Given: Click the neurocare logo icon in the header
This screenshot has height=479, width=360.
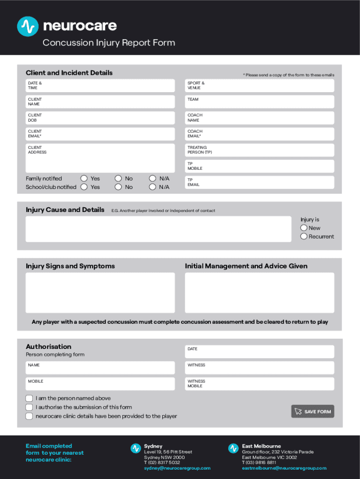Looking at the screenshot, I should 28,26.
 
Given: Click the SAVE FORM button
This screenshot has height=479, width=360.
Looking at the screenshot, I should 312,412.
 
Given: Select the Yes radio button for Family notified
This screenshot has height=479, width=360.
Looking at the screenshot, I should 84,178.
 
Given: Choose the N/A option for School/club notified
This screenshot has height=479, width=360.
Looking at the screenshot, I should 152,187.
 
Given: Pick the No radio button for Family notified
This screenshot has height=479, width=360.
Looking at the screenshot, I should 118,178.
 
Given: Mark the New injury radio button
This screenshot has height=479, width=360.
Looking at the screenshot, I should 304,228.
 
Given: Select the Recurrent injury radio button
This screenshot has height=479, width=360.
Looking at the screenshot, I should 304,237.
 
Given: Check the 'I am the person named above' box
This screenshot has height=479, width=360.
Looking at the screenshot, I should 29,399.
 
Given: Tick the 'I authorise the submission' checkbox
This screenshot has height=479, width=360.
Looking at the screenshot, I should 29,407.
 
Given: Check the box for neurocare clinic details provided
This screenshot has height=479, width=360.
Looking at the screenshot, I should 29,416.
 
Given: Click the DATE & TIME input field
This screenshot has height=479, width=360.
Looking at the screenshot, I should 100,86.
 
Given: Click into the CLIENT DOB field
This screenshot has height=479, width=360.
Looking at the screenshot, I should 100,118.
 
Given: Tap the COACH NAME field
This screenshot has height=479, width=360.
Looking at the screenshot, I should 259,118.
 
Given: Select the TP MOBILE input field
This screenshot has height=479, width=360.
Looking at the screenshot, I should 259,166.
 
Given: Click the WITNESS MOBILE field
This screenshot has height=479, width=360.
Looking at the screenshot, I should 259,384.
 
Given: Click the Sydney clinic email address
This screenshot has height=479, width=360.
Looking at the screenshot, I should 177,468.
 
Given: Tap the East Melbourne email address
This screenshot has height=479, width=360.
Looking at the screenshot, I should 284,468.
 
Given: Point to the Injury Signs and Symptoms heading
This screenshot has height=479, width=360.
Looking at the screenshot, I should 70,266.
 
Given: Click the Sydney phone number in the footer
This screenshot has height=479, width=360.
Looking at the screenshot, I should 162,463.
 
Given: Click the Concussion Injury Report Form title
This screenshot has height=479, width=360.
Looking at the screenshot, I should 109,43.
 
